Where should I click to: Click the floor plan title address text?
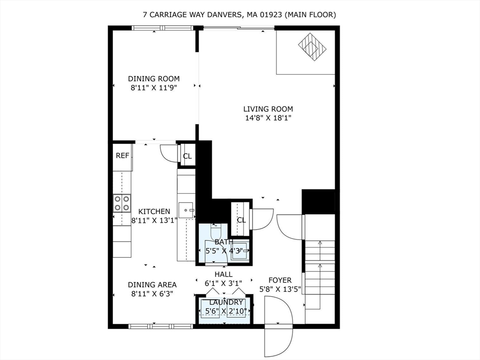[240, 15]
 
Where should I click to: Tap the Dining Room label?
[154, 79]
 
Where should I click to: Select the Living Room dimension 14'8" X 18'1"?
[268, 118]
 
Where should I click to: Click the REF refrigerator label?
[122, 156]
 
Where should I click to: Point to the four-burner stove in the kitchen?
[122, 203]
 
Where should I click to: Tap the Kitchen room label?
[154, 211]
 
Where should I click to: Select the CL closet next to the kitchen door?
[187, 157]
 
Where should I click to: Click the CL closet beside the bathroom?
[241, 220]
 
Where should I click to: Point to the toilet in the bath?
[216, 232]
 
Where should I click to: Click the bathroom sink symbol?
[240, 250]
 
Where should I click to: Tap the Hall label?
[223, 274]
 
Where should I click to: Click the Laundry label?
[226, 302]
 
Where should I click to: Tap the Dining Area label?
[152, 285]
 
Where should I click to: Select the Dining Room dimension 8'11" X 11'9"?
[154, 87]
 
